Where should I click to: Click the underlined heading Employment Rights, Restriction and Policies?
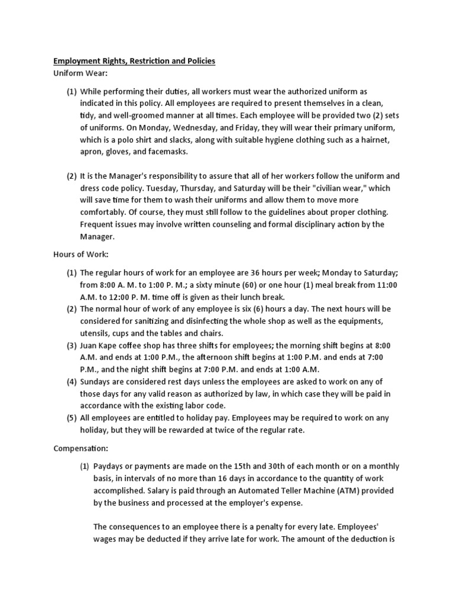tap(135, 61)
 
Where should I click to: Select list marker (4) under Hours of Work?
tap(72, 381)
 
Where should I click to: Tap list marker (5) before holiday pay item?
tap(72, 418)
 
